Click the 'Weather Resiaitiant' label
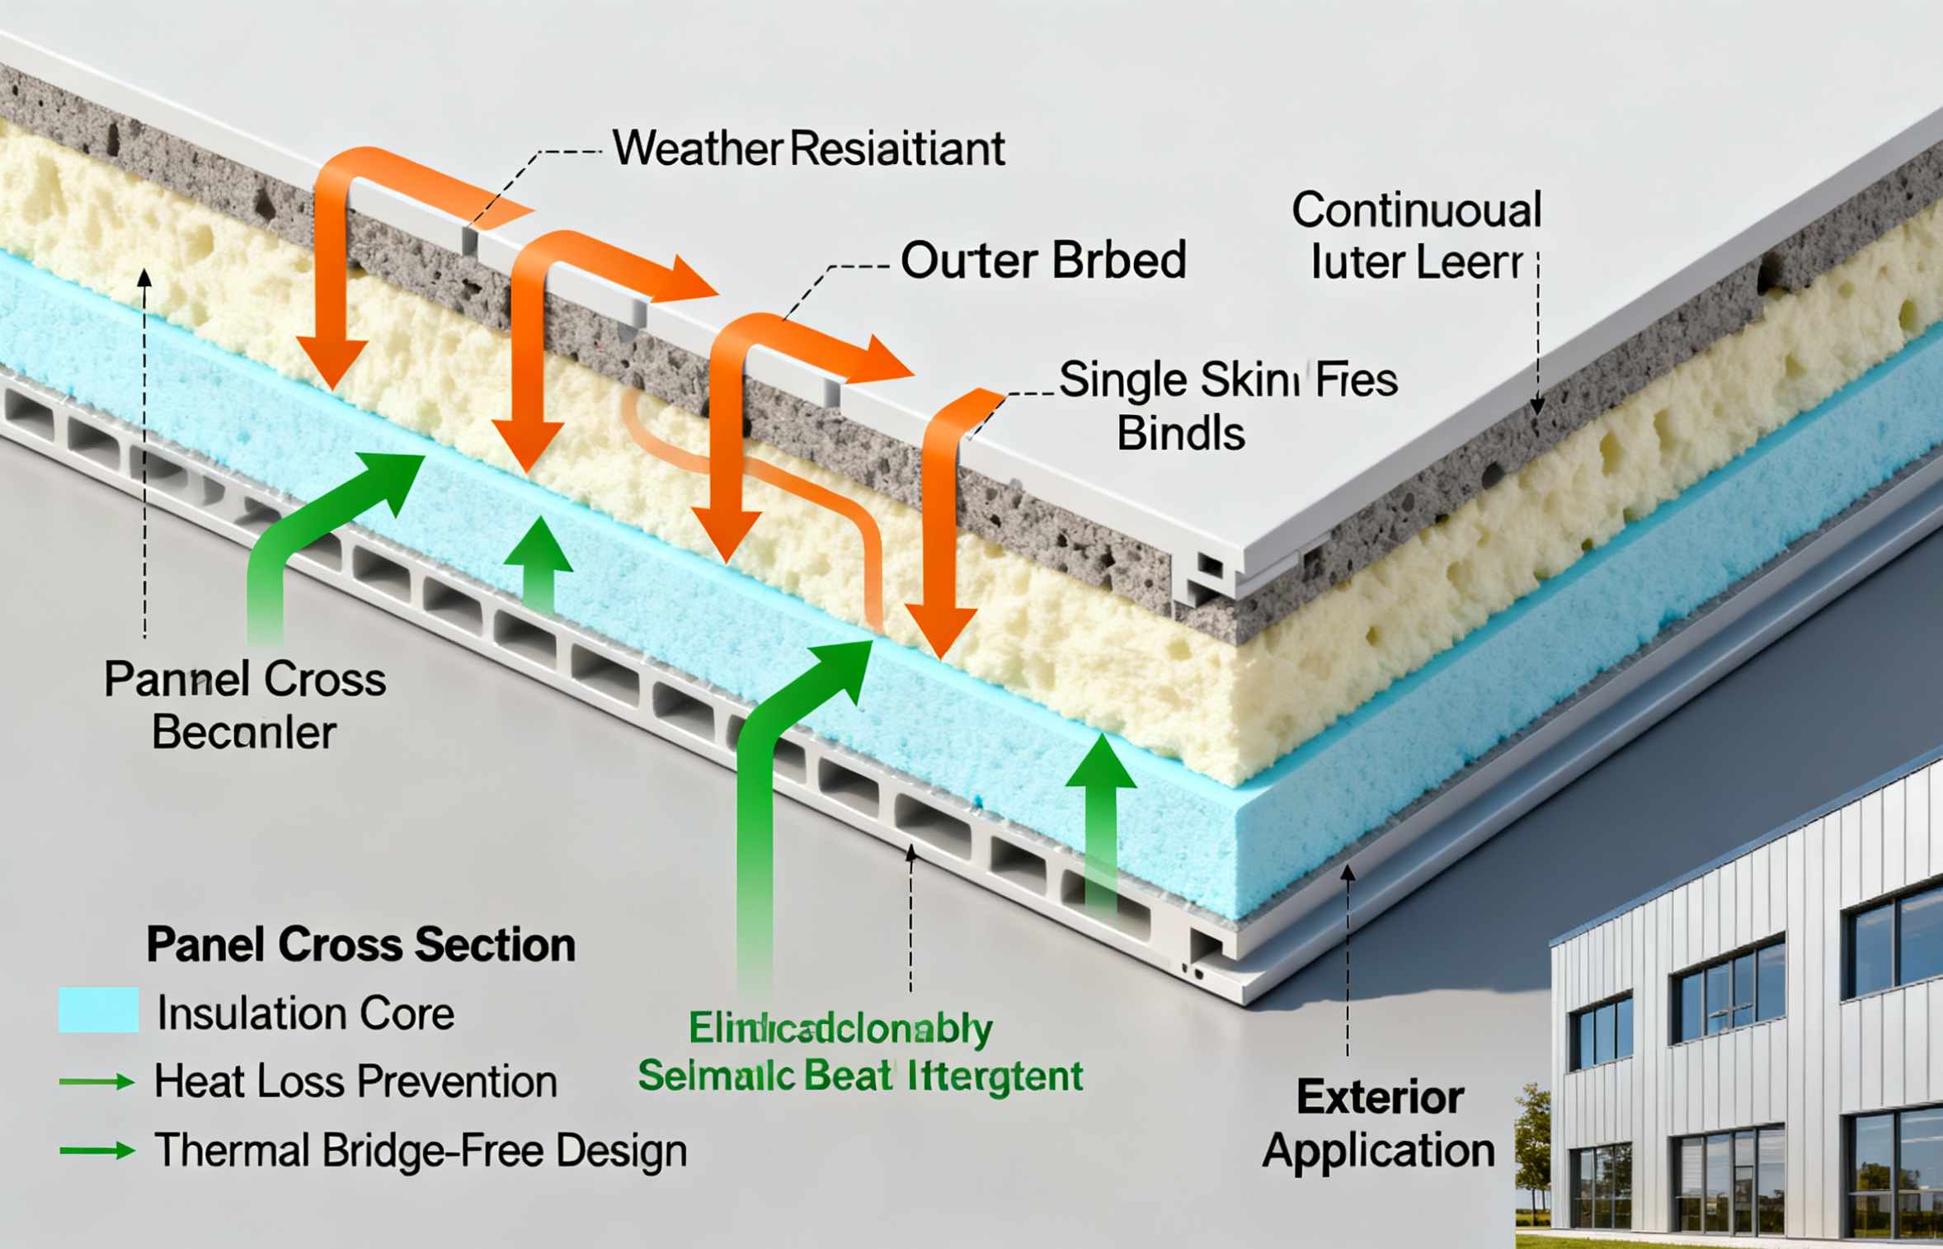tap(808, 149)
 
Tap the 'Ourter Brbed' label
tap(1043, 261)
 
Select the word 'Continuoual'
tap(1416, 210)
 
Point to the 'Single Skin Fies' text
tap(1228, 380)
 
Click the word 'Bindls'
tap(1180, 434)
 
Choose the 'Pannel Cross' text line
tap(245, 681)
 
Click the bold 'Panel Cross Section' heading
tap(360, 945)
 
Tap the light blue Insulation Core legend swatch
tap(98, 1010)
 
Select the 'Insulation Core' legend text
tap(305, 1013)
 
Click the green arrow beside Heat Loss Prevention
tap(97, 1082)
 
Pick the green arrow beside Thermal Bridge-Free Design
tap(97, 1150)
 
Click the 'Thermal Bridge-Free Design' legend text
tap(421, 1150)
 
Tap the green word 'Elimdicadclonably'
tap(840, 1029)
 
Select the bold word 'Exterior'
tap(1380, 1098)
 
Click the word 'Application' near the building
tap(1378, 1150)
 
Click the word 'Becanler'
tap(244, 733)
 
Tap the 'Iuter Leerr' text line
tap(1416, 262)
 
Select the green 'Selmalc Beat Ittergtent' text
tap(860, 1077)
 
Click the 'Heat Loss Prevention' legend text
tap(355, 1082)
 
